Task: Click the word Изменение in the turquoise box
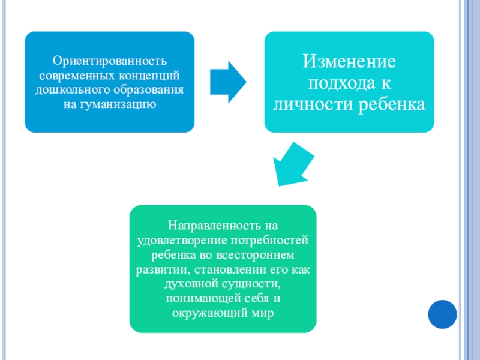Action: click(x=349, y=61)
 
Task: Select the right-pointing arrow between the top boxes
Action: click(x=227, y=82)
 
